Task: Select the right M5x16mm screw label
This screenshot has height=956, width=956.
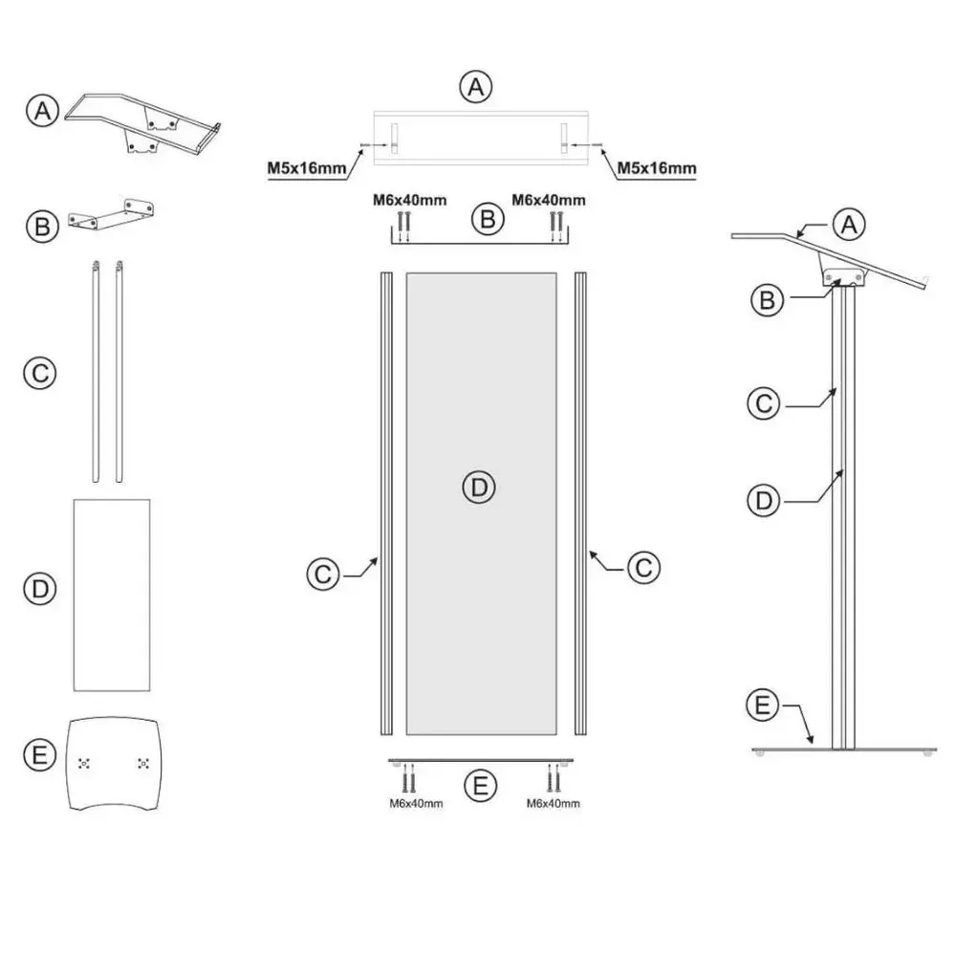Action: (656, 169)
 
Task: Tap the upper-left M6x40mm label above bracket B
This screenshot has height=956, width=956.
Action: (409, 201)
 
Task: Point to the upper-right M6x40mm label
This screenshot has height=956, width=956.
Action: (549, 201)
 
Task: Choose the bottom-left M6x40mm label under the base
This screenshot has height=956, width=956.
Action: (416, 804)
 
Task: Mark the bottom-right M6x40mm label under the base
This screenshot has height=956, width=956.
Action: (553, 804)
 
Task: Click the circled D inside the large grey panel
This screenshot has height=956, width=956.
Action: (480, 488)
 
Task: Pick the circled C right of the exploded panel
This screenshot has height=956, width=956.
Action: (643, 567)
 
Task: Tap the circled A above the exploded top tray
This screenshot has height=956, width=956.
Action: (475, 87)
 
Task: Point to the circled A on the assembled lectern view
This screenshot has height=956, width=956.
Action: (847, 225)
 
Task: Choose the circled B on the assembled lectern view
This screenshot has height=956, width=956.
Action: (764, 299)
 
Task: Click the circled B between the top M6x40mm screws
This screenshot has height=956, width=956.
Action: (488, 219)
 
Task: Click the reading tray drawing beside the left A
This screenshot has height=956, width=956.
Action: (143, 119)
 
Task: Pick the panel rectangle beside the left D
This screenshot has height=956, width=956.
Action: (113, 593)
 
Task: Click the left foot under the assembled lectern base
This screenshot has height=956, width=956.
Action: (760, 754)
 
